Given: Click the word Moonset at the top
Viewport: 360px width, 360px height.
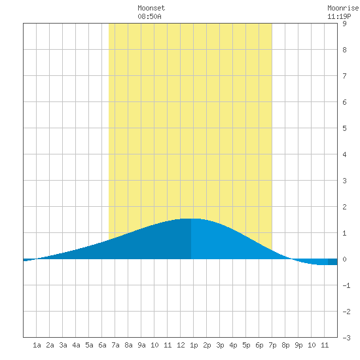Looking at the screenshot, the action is point(151,8).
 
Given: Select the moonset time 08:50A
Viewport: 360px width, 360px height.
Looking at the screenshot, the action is point(149,16).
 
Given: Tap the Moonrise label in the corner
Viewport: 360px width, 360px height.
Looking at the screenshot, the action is point(343,8).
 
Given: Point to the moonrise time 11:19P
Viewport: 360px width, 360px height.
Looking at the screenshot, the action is point(339,16).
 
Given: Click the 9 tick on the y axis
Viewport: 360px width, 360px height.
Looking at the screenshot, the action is point(344,24).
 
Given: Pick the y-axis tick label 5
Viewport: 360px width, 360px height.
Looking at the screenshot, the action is point(344,128).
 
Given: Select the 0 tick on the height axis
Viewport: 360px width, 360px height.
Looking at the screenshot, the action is point(344,259).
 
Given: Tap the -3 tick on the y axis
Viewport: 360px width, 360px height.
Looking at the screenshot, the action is point(346,338).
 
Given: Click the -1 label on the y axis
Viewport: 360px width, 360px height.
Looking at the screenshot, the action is point(346,285).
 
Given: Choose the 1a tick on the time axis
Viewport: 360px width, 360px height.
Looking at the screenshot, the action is point(37,345).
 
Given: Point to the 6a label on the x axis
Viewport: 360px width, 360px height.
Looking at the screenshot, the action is point(102,345).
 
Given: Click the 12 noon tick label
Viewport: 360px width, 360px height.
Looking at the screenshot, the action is point(181,345).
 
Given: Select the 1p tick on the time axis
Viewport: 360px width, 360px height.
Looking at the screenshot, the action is point(194,345).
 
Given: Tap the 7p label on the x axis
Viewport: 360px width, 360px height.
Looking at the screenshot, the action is point(272,345).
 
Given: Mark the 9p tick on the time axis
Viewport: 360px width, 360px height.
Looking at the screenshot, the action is point(298,345).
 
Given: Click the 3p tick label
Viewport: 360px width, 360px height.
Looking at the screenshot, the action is point(220,345).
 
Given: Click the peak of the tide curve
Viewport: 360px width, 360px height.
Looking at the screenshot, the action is point(191,219).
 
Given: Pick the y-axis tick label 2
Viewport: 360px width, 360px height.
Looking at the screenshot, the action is point(344,207).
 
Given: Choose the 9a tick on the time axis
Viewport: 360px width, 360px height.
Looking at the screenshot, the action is point(141,345).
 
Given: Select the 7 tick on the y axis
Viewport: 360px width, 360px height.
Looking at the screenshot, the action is point(344,76).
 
